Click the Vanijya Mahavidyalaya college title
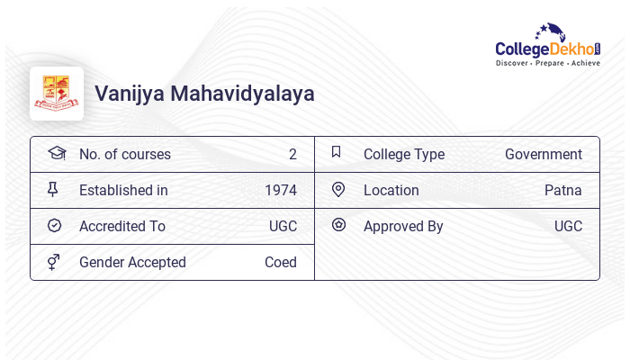204,94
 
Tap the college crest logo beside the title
57,94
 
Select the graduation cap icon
57,153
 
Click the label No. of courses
124,155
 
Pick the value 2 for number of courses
292,155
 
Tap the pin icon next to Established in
53,189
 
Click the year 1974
281,191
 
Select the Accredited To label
122,227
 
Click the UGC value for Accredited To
283,227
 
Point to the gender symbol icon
53,262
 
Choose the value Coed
281,263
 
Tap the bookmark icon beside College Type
337,152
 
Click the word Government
544,155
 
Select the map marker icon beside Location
338,189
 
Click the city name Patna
563,191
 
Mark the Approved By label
403,227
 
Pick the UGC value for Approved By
568,227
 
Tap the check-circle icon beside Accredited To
54,226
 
